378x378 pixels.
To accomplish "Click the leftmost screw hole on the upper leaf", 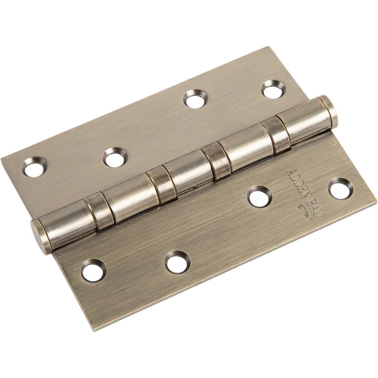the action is click(x=34, y=167).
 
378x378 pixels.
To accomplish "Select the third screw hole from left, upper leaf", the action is click(x=195, y=99).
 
